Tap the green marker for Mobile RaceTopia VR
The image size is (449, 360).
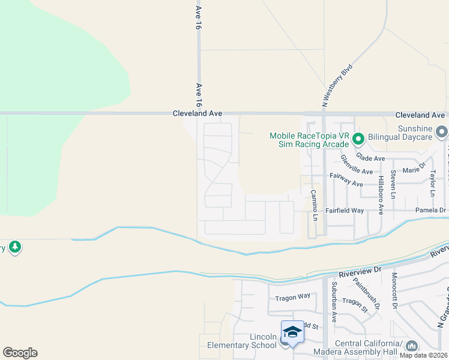(358, 140)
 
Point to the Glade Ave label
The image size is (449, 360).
(370, 158)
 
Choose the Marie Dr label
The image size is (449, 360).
(414, 170)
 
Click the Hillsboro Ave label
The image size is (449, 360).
(381, 187)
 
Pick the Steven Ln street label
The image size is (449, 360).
(393, 184)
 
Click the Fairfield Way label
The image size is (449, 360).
(345, 211)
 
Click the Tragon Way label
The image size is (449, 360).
(292, 296)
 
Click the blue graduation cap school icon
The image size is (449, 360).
(292, 332)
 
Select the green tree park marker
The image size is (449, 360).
(14, 247)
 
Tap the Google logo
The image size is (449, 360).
(20, 353)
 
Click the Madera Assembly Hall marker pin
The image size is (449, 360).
(412, 346)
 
